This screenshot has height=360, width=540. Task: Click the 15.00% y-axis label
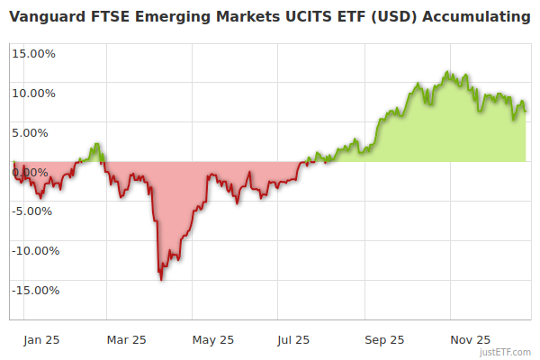tap(33, 53)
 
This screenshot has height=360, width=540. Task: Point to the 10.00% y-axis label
tap(33, 93)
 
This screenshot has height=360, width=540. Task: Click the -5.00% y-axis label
tap(34, 211)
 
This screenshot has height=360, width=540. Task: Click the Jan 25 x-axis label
tap(40, 340)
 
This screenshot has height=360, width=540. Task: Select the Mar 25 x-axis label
tap(126, 340)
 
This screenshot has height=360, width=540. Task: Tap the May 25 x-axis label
tap(213, 340)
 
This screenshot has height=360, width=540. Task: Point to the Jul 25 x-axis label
tap(294, 340)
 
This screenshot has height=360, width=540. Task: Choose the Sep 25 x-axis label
tap(383, 340)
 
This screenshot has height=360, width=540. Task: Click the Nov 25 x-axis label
tap(470, 340)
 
